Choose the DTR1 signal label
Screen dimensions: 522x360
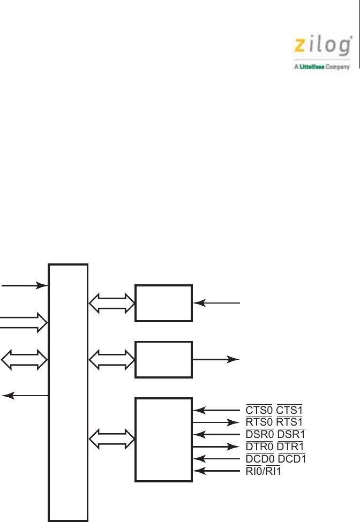(x=290, y=446)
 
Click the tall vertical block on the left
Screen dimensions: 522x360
(x=68, y=391)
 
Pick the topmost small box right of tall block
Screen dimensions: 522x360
(x=163, y=303)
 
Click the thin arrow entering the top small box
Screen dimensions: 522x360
(x=216, y=304)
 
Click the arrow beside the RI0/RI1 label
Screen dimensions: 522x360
(x=217, y=471)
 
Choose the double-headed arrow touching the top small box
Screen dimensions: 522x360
(x=111, y=304)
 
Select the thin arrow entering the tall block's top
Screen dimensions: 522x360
(x=24, y=285)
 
